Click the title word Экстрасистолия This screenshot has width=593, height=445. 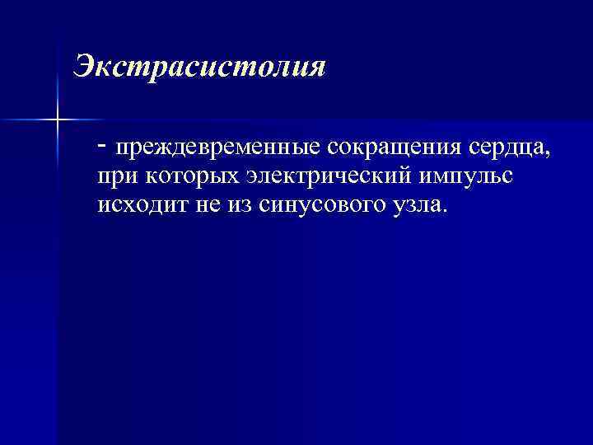pyautogui.click(x=200, y=66)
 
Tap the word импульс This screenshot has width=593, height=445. pyautogui.click(x=466, y=176)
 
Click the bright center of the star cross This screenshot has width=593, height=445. pyautogui.click(x=57, y=120)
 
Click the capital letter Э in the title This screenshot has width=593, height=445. pyautogui.click(x=82, y=66)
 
